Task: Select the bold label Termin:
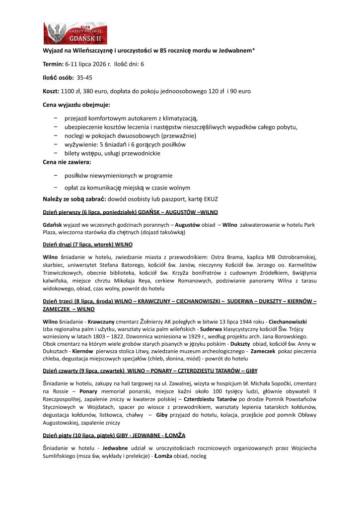point(53,64)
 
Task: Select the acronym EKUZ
point(209,199)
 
